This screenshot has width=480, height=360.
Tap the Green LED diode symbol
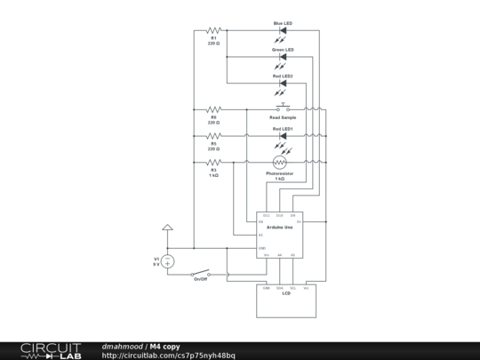(283, 56)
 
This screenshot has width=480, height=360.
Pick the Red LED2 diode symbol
(283, 83)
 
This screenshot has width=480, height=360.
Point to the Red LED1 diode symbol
(283, 136)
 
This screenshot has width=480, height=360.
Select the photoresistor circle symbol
(280, 163)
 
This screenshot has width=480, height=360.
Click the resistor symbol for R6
(213, 109)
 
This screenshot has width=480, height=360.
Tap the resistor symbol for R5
(213, 136)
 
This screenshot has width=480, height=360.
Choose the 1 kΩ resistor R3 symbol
(213, 163)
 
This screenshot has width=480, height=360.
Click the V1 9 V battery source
(167, 261)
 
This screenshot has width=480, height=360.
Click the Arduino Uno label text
(281, 228)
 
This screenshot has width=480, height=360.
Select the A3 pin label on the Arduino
(260, 235)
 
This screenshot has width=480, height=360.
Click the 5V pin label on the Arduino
(299, 221)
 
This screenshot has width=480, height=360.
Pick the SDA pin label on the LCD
(279, 288)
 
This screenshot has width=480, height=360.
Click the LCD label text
(286, 293)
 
